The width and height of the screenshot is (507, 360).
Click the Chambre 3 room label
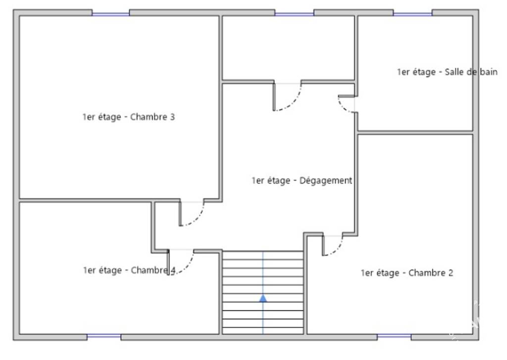point(128,117)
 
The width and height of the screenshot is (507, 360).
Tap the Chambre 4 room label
point(129,270)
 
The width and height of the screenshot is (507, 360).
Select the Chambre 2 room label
point(407,273)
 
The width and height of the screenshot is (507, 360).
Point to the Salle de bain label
point(447,72)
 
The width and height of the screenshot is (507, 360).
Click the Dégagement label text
point(302,180)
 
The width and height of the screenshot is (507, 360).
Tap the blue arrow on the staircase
point(263,298)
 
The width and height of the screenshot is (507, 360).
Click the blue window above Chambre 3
point(110,14)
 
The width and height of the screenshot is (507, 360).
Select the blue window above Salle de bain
point(412,14)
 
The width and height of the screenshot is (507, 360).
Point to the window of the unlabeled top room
point(294,14)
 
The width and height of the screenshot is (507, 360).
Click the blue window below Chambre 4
point(104,336)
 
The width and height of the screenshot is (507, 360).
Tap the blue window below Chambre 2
point(394,336)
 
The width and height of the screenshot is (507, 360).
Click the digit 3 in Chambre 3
point(172,117)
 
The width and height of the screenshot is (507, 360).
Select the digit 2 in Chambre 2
point(451,273)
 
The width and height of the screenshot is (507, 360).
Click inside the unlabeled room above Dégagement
point(289,48)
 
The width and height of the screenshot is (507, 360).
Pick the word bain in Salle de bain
point(489,72)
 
